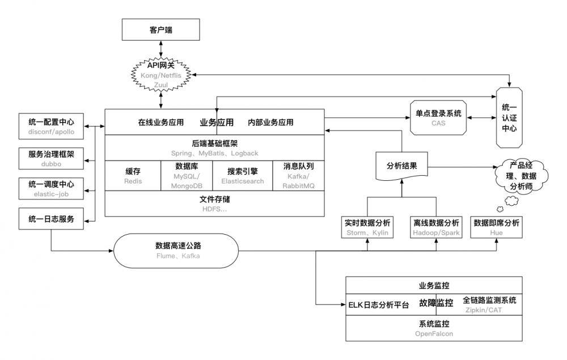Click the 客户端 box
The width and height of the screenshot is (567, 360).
pyautogui.click(x=160, y=29)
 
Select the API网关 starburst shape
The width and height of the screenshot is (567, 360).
pyautogui.click(x=160, y=75)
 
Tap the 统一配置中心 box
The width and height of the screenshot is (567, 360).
pyautogui.click(x=51, y=126)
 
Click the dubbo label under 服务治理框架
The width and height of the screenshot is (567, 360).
pyautogui.click(x=51, y=164)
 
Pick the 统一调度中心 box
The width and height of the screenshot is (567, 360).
pyautogui.click(x=51, y=188)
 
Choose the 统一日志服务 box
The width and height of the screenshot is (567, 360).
pyautogui.click(x=51, y=219)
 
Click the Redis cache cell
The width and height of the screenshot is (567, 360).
pyautogui.click(x=133, y=176)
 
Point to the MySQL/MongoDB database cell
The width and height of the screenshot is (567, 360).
pyautogui.click(x=187, y=176)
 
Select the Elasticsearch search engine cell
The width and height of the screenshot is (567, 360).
pyautogui.click(x=242, y=176)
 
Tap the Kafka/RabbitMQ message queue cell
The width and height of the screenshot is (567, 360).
pyautogui.click(x=298, y=176)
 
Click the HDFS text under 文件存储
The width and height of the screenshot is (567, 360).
pyautogui.click(x=214, y=209)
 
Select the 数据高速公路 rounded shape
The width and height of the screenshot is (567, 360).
pyautogui.click(x=176, y=251)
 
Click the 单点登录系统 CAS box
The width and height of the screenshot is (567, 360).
pyautogui.click(x=438, y=118)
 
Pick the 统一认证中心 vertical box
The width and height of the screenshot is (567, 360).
pyautogui.click(x=509, y=117)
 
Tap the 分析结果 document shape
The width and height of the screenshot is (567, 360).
pyautogui.click(x=402, y=166)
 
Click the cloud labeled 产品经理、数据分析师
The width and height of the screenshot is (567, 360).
pyautogui.click(x=521, y=176)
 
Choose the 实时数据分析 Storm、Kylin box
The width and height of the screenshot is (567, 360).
pyautogui.click(x=367, y=227)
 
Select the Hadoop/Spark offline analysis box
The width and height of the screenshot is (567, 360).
pyautogui.click(x=436, y=227)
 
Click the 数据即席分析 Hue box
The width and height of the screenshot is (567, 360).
pyautogui.click(x=496, y=227)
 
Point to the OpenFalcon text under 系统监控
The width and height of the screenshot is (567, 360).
pyautogui.click(x=434, y=333)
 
